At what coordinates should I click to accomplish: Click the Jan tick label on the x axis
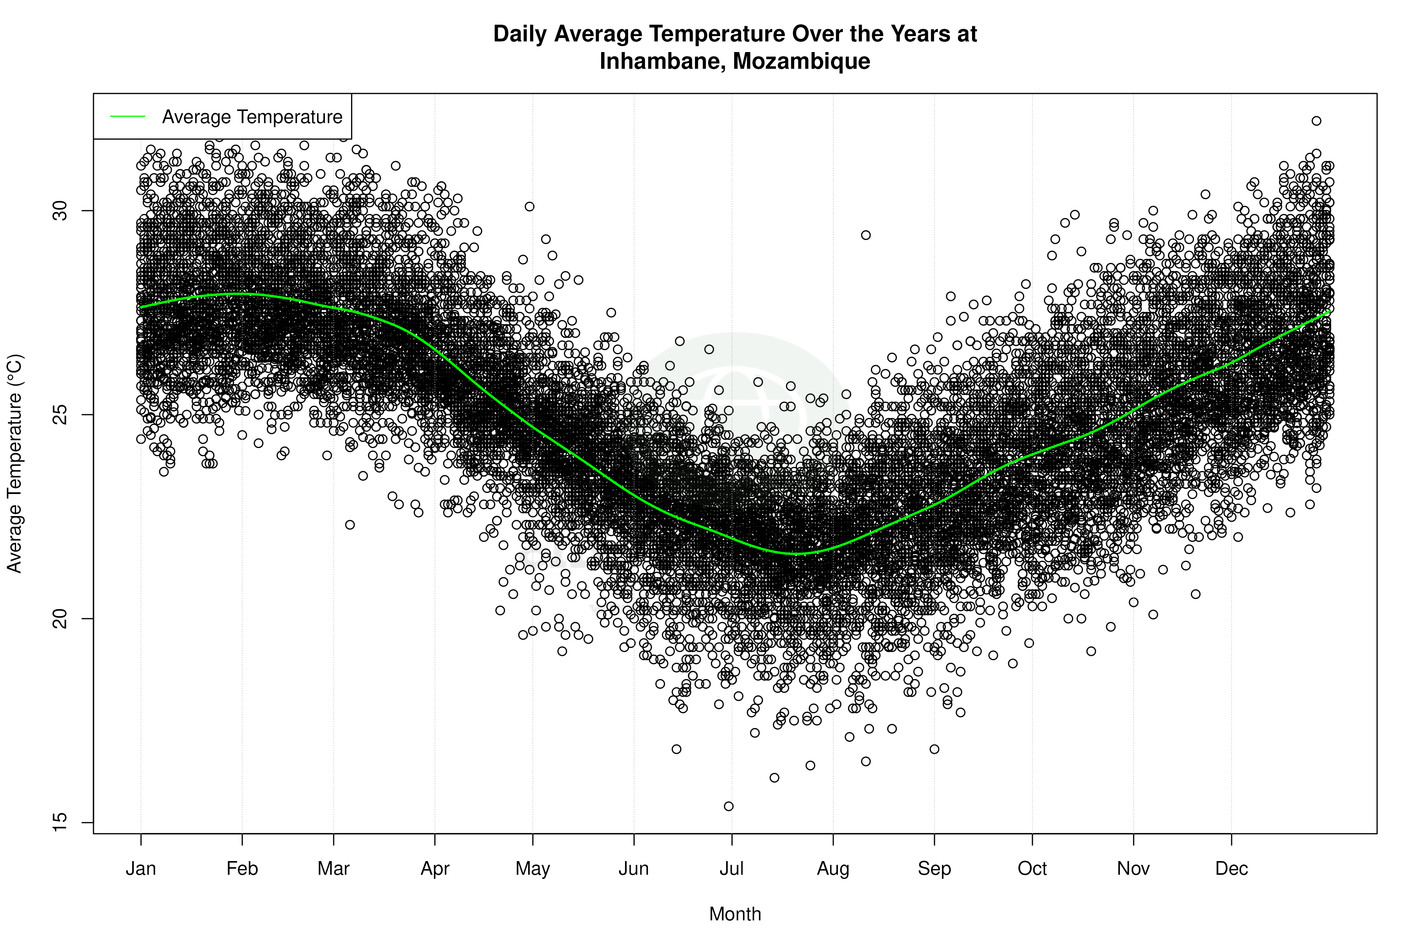(141, 869)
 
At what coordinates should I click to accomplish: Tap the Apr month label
(435, 869)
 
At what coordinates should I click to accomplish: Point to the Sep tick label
(934, 869)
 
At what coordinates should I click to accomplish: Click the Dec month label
(1231, 869)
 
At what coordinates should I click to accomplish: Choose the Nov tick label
(1133, 869)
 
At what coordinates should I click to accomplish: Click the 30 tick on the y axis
(60, 211)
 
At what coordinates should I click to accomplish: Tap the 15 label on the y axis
(60, 822)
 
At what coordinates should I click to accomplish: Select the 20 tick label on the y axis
(60, 619)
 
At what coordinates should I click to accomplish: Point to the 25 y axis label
(60, 415)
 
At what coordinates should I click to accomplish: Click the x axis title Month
(735, 914)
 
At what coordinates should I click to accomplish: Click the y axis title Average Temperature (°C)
(14, 464)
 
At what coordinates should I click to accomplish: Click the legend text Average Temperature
(252, 117)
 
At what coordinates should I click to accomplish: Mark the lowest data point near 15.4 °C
(729, 806)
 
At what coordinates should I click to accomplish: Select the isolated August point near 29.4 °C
(866, 235)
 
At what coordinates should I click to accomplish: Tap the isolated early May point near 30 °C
(529, 207)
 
